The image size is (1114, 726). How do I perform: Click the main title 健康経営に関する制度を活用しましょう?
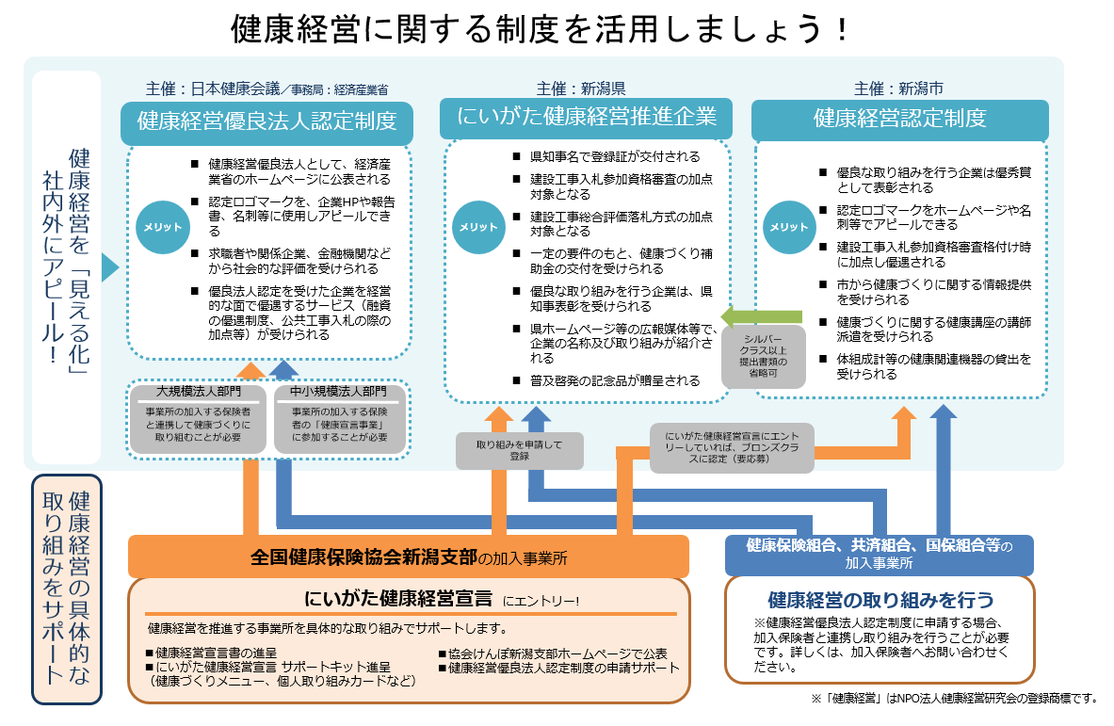tap(541, 29)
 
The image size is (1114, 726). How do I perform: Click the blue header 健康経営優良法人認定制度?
tap(267, 121)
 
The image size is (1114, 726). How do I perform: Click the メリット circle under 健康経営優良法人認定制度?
tap(161, 227)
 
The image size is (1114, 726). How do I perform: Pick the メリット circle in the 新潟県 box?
tap(478, 227)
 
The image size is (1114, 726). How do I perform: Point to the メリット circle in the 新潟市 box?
tap(788, 227)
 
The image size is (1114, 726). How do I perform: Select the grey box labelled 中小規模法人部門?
tap(340, 418)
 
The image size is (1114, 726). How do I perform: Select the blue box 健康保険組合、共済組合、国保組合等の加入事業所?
tap(879, 554)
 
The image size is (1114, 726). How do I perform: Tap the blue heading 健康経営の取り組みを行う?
tap(880, 600)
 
